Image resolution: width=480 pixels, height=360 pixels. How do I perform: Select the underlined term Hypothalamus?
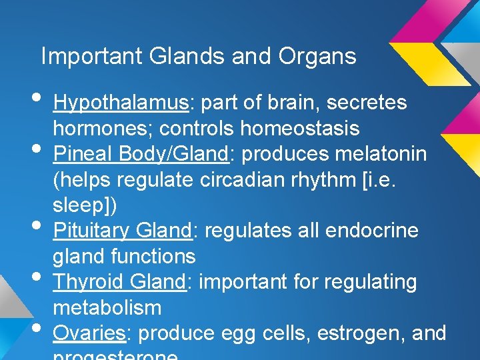tap(121, 103)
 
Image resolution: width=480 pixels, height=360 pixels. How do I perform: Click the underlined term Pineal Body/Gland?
tap(141, 155)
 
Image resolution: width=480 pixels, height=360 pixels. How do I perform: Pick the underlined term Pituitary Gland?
tap(122, 231)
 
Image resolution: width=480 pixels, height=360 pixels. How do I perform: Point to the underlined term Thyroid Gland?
tap(119, 283)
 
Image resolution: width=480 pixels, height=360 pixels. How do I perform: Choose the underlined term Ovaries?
tap(89, 333)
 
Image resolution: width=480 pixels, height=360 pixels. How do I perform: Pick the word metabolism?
tap(107, 308)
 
